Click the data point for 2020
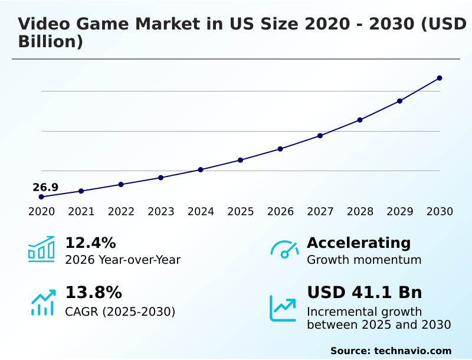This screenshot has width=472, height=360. tap(41, 197)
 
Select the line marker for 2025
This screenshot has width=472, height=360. tap(241, 160)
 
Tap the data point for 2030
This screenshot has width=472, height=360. tap(440, 78)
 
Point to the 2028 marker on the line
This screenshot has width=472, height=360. tap(360, 120)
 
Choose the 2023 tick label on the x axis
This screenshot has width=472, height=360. tap(160, 212)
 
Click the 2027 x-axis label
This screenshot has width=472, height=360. tap(320, 212)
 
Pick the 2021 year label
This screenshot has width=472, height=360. tap(81, 212)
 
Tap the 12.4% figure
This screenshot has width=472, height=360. tap(90, 243)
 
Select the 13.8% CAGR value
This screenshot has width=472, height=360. tap(93, 293)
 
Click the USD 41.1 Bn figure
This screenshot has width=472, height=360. tap(364, 293)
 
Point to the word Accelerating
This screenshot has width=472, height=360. tap(359, 243)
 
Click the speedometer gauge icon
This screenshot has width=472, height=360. tap(284, 249)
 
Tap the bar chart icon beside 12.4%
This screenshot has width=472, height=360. tap(41, 249)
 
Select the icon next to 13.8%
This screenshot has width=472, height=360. tap(42, 302)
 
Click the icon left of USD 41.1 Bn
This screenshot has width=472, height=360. tap(283, 308)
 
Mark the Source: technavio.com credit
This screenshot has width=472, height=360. tap(391, 351)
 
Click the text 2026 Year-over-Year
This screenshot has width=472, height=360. tap(123, 260)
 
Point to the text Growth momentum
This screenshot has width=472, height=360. tap(364, 260)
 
